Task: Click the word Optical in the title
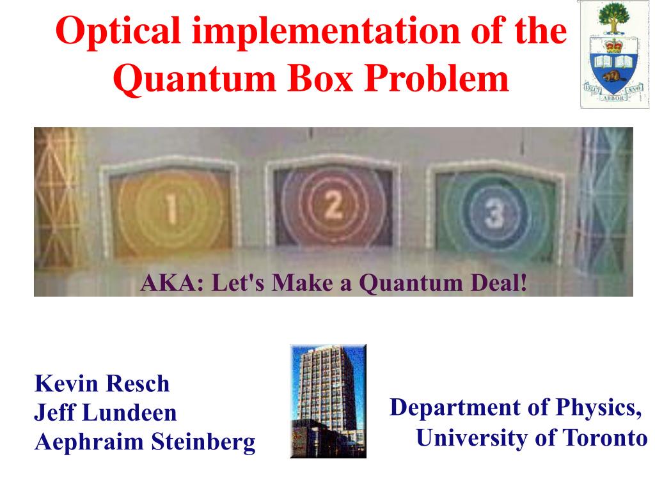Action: click(118, 32)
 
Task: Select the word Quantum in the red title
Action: click(194, 79)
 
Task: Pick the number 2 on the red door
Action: click(333, 205)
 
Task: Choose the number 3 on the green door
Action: click(494, 214)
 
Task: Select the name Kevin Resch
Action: click(102, 384)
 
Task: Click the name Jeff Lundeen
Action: click(106, 412)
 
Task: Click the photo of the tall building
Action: click(328, 401)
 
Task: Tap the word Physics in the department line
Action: click(598, 408)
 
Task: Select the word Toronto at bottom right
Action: click(604, 438)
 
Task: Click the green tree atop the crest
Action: click(613, 17)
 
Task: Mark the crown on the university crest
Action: click(613, 45)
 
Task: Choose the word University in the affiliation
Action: click(473, 439)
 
